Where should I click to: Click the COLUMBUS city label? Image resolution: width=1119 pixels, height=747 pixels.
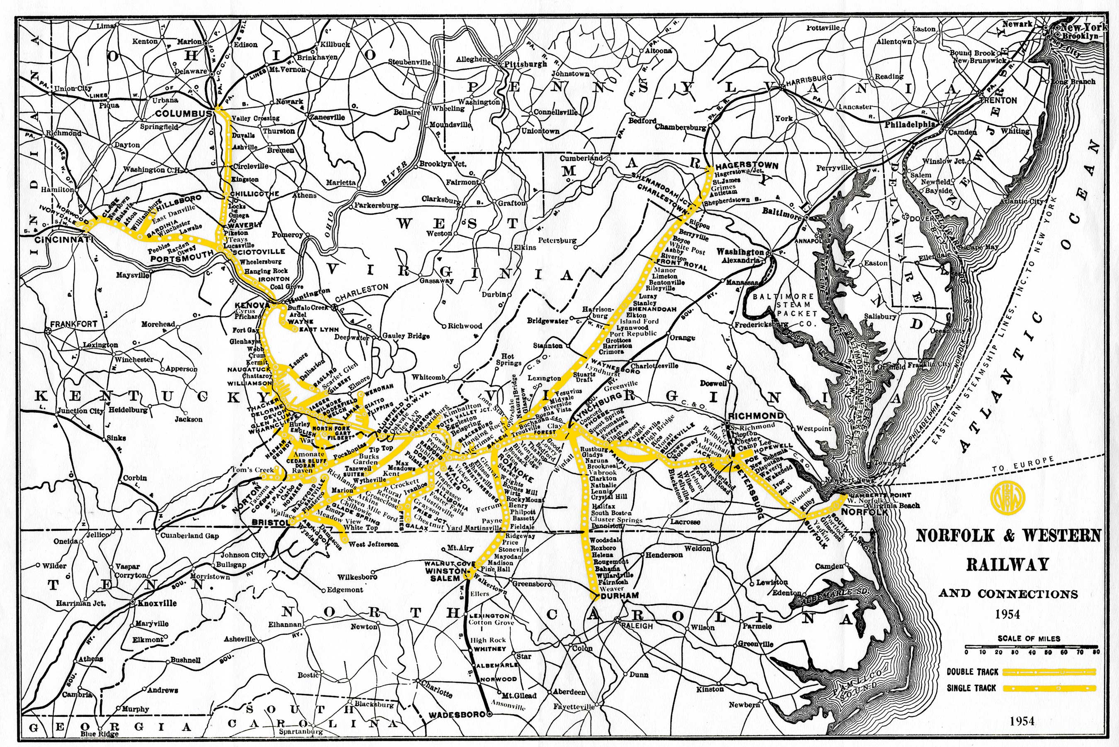184,114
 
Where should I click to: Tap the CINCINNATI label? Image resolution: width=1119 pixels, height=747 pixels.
63,240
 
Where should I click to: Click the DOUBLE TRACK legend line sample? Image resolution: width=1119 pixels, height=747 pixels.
1049,672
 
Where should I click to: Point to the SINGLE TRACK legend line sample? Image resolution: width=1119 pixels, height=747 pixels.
1049,688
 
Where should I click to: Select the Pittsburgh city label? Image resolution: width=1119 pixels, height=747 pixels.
526,64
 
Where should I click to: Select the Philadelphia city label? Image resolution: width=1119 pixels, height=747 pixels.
910,124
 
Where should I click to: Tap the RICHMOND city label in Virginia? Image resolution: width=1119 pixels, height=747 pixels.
756,415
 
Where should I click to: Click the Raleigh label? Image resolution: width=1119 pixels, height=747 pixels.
637,626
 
